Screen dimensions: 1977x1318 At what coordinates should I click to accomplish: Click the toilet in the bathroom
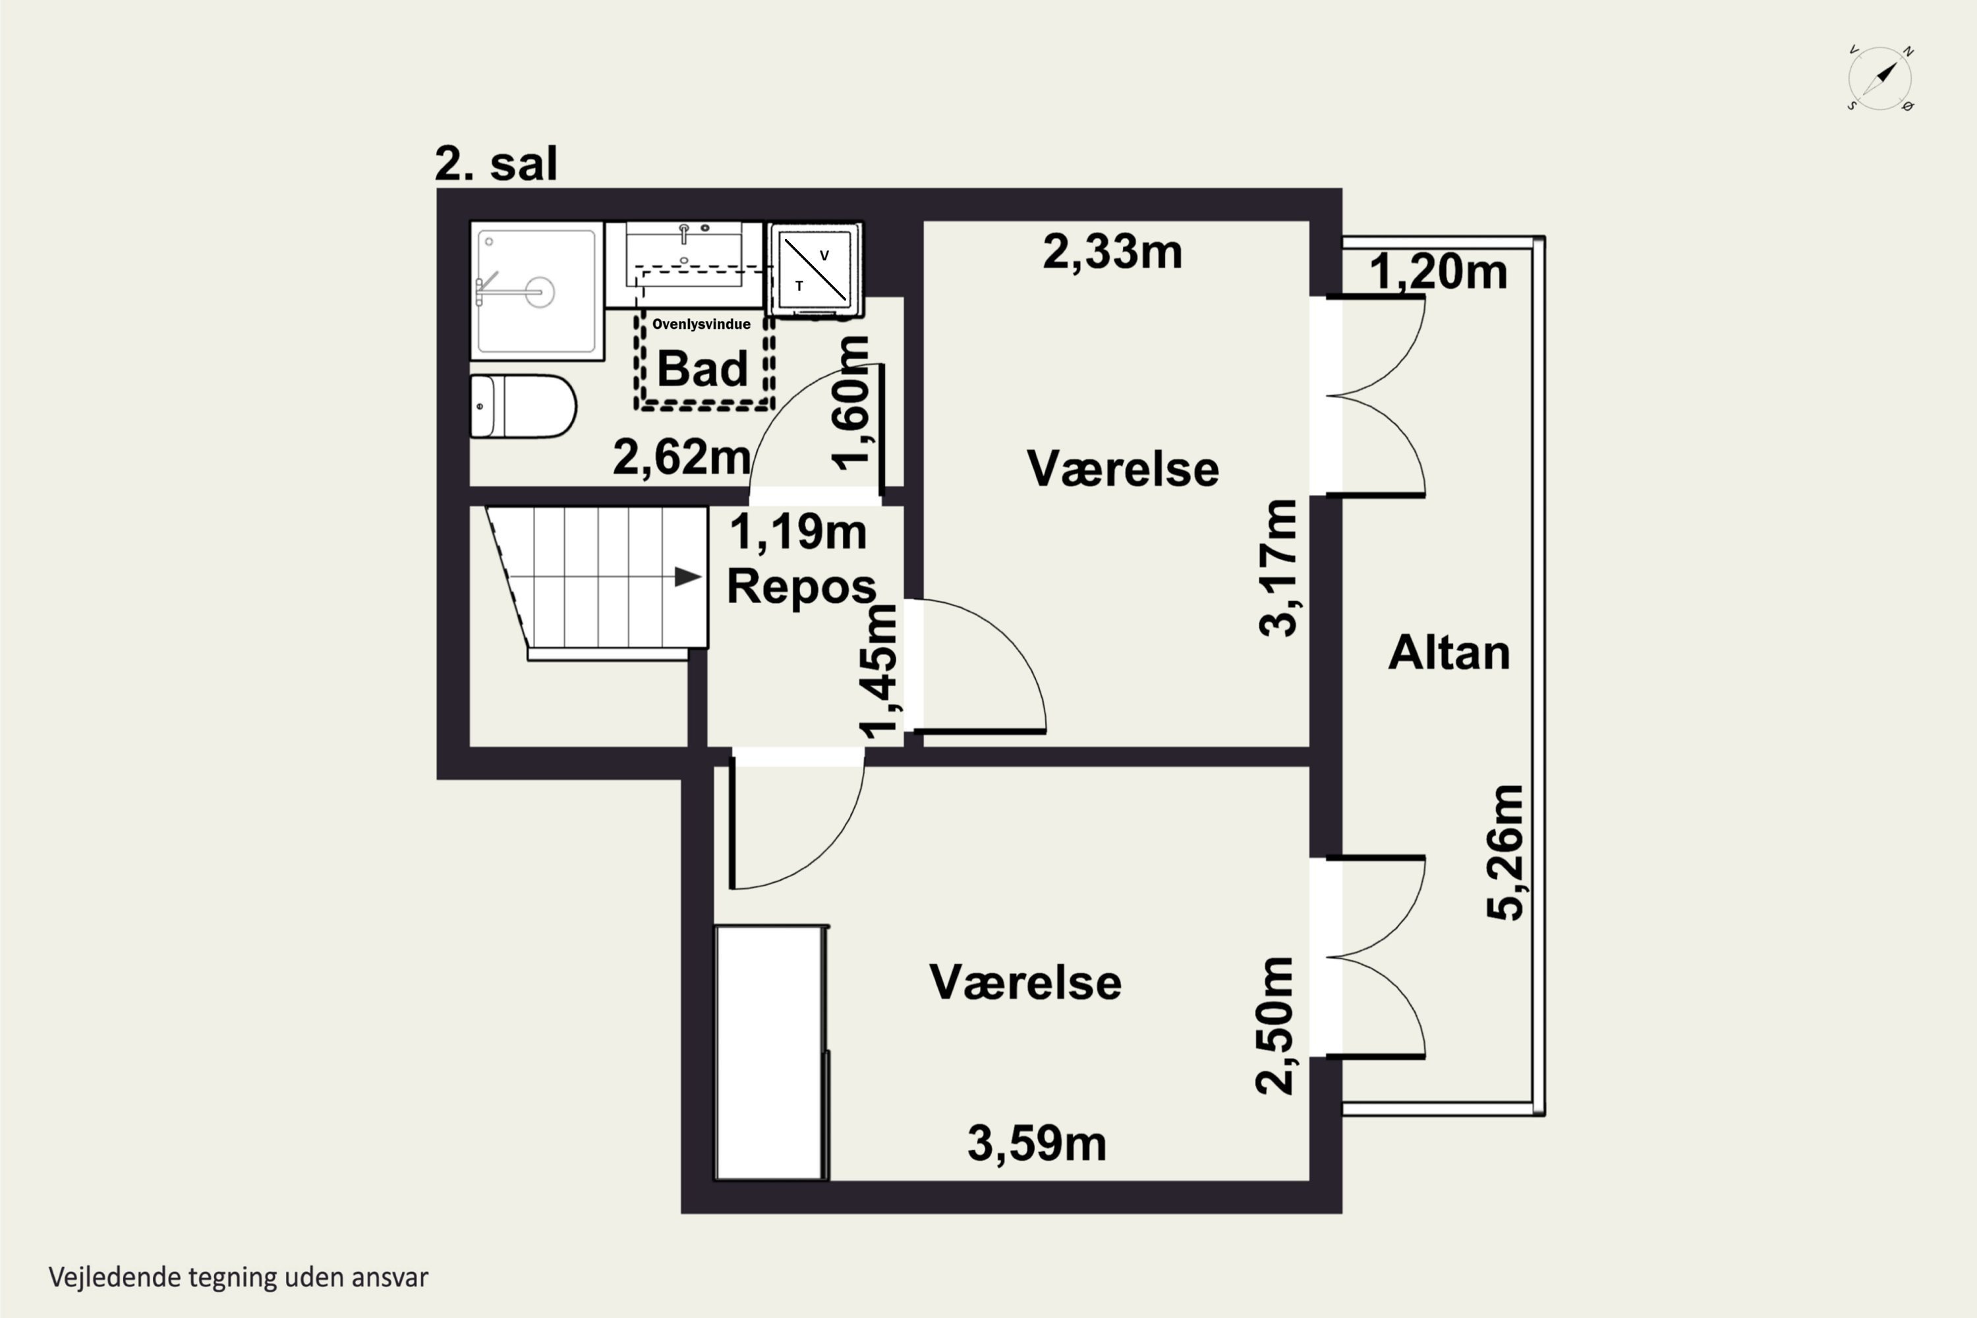522,406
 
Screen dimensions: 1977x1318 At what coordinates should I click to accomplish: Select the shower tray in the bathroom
537,291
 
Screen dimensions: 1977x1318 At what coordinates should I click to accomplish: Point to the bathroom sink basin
684,254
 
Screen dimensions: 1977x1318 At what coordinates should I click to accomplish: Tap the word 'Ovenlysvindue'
701,324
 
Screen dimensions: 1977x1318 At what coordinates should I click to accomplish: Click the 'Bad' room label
702,368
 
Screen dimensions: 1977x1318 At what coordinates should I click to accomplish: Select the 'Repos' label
801,587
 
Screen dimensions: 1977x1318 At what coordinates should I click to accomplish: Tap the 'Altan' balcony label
1448,652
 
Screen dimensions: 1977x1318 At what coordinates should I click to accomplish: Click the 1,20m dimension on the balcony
1438,272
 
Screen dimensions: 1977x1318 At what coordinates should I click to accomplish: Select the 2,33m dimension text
1112,251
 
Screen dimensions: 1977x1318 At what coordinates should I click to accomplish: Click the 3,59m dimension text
1037,1144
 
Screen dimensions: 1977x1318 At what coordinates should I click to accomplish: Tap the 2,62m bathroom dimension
681,457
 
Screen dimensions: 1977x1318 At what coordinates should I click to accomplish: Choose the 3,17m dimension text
1278,567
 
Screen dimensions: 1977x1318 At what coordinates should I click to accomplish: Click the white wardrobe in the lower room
772,1052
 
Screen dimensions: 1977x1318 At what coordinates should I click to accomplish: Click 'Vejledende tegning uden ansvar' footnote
239,1278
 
